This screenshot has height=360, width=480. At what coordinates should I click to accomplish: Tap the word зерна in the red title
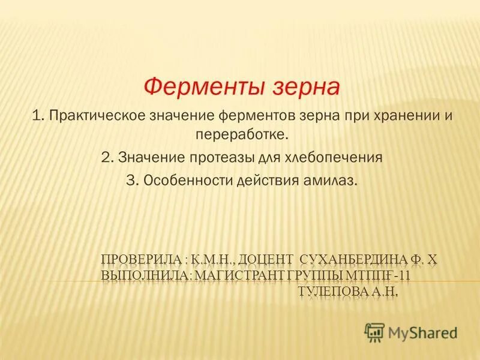click(x=305, y=87)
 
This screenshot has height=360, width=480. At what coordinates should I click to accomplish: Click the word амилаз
click(x=332, y=179)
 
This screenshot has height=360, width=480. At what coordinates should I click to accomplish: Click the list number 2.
click(x=107, y=158)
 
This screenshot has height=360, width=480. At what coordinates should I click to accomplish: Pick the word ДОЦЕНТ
click(x=267, y=259)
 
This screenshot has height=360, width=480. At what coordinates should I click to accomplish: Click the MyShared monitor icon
click(x=374, y=331)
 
